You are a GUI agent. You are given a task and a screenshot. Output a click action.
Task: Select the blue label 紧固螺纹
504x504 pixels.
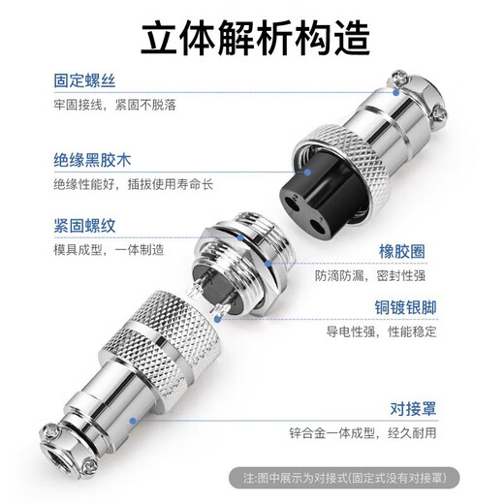coord(84,228)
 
